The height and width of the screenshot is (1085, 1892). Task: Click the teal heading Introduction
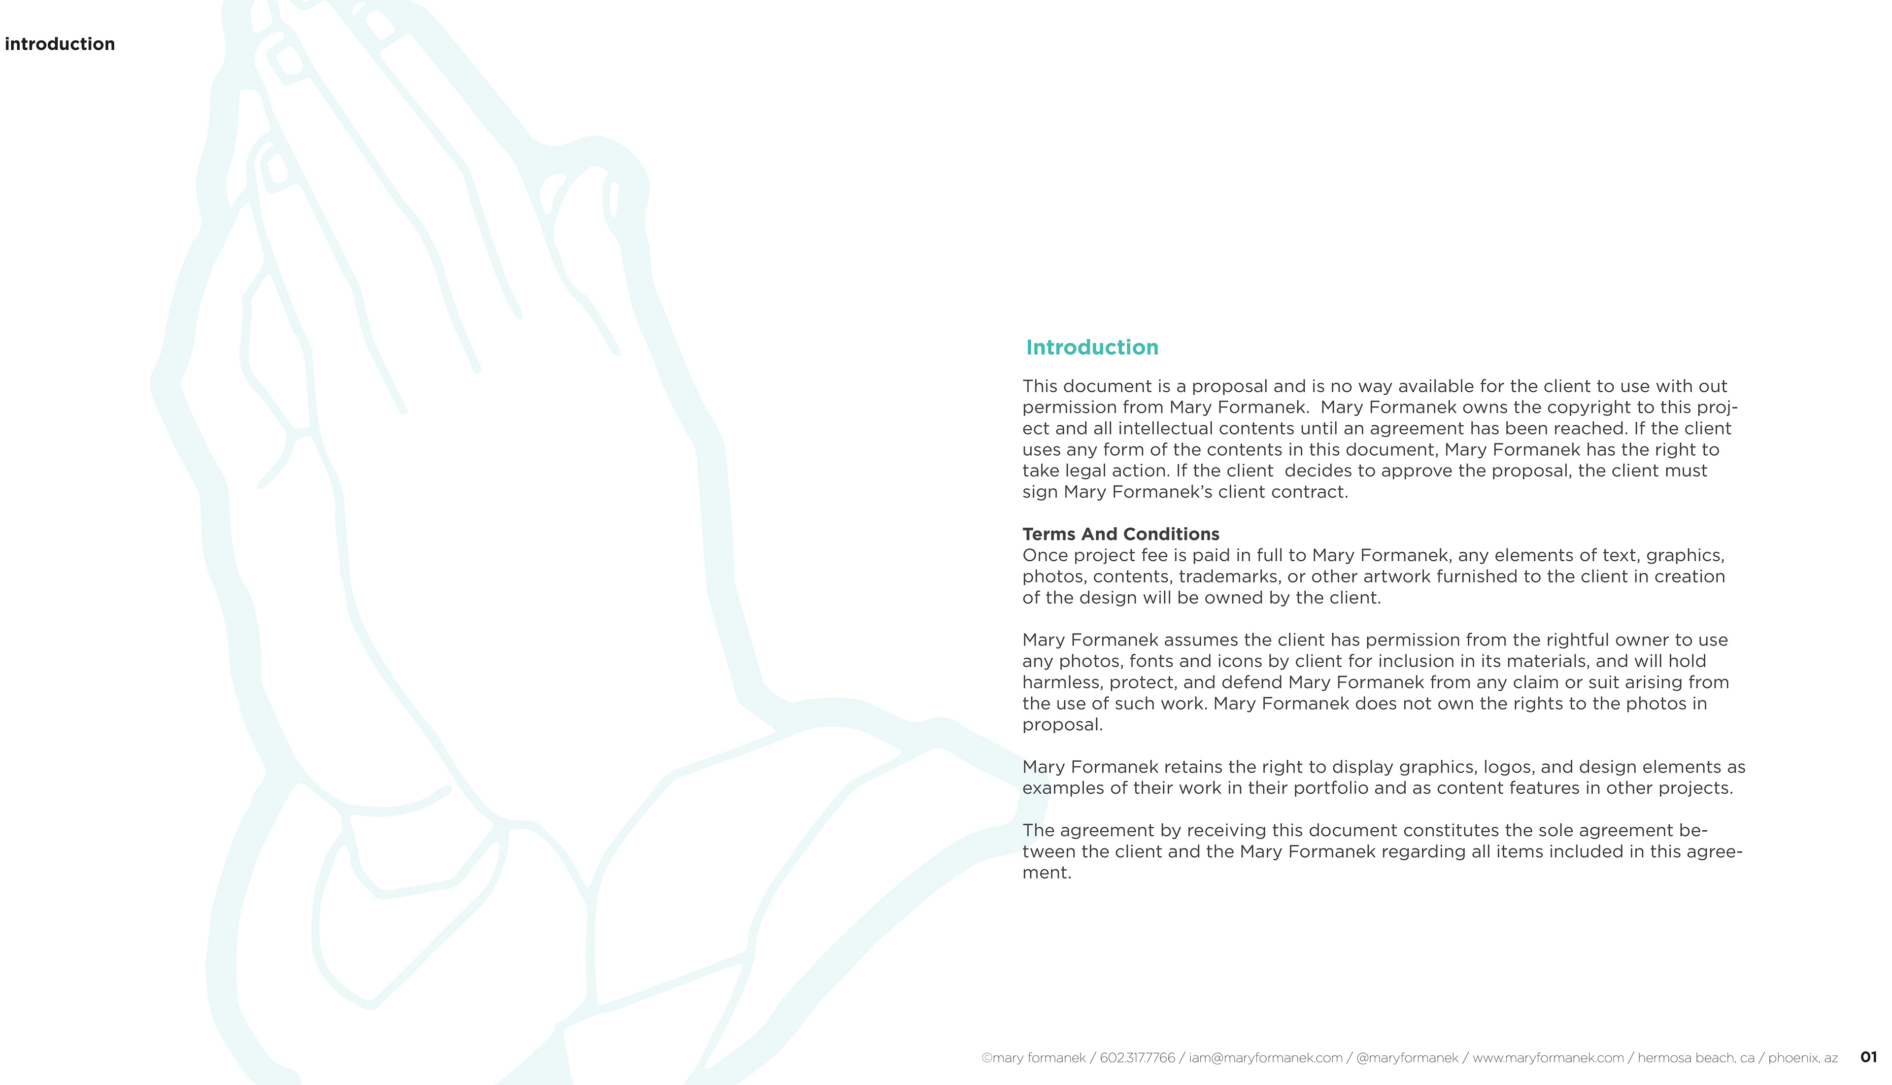pyautogui.click(x=1092, y=347)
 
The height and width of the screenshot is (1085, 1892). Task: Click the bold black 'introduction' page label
pyautogui.click(x=60, y=44)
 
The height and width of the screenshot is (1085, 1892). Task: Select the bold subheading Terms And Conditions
pyautogui.click(x=1120, y=534)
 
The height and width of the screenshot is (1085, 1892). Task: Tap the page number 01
pyautogui.click(x=1868, y=1057)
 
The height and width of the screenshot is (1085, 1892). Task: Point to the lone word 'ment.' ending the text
pyautogui.click(x=1046, y=873)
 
